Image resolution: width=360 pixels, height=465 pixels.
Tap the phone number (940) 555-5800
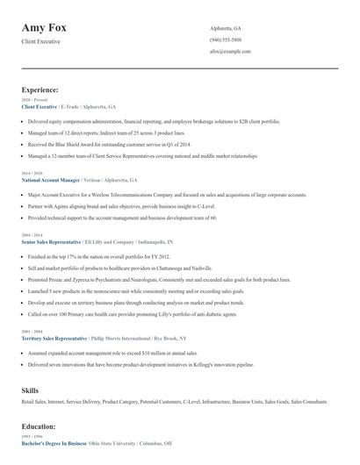tap(226, 40)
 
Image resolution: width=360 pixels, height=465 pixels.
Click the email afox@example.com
tap(231, 52)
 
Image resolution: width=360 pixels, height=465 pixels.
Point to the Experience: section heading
tap(40, 89)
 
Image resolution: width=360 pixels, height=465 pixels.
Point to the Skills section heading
tap(31, 388)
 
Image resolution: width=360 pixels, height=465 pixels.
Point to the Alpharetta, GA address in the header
tap(226, 28)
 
